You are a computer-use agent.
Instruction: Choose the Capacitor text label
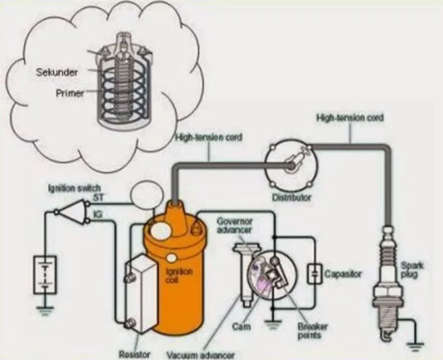pos(343,274)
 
